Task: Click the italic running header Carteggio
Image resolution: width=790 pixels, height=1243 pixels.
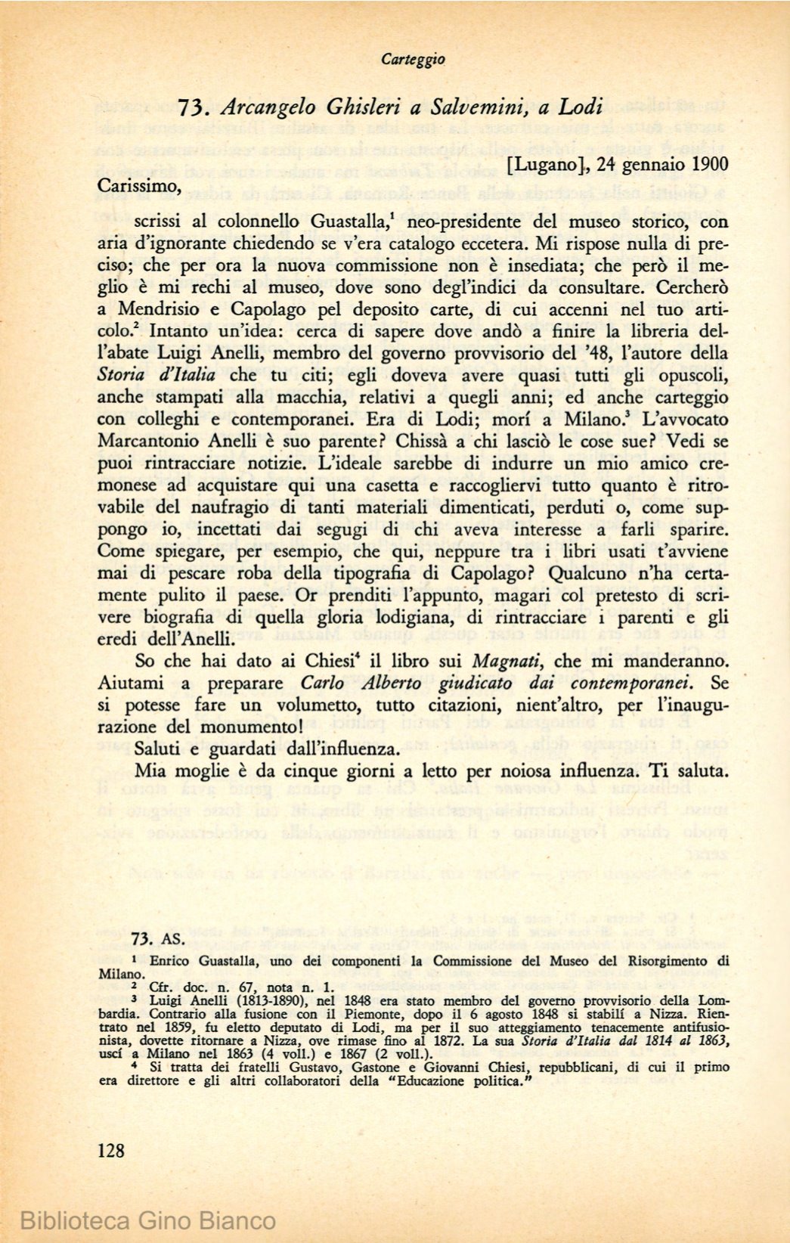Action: click(413, 59)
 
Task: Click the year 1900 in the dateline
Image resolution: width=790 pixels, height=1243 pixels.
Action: click(706, 165)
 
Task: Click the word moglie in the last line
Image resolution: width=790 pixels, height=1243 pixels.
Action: click(203, 771)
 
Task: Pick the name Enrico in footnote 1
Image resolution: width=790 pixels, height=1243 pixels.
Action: click(171, 962)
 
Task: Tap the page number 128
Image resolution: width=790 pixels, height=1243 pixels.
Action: click(111, 1151)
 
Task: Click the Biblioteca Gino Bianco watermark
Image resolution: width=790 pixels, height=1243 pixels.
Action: click(148, 1220)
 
